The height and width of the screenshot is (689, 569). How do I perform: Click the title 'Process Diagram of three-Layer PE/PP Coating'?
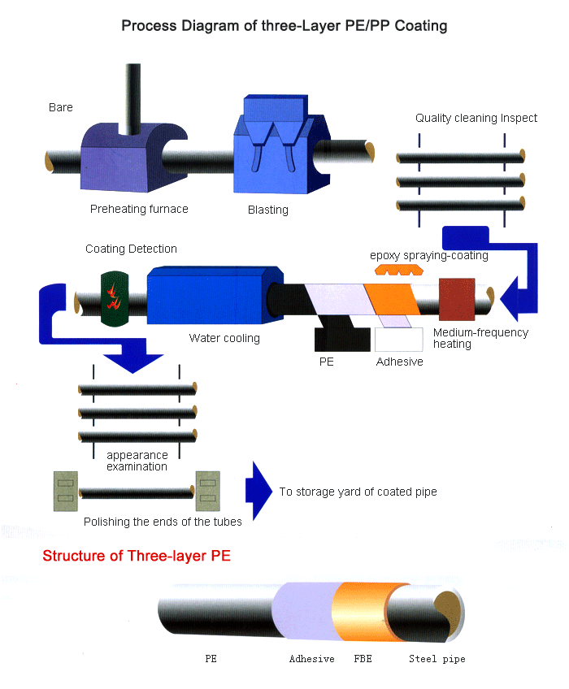click(284, 25)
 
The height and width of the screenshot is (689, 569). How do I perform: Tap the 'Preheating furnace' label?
click(139, 209)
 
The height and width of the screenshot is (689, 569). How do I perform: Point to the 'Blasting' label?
click(268, 210)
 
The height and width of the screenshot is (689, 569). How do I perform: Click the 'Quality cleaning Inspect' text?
click(476, 118)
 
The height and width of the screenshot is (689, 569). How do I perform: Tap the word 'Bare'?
click(61, 107)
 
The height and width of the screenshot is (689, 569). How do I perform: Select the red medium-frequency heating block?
click(456, 299)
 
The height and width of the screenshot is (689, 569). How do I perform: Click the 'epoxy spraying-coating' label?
click(429, 255)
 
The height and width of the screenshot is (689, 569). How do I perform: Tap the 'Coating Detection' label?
click(131, 249)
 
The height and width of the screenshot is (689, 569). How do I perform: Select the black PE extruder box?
click(342, 338)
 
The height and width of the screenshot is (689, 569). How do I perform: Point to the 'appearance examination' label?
click(137, 461)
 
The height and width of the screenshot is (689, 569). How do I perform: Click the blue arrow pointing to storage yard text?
click(258, 491)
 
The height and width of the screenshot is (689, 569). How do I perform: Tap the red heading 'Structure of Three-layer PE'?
click(137, 557)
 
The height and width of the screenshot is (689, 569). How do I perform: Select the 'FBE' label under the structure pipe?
click(363, 659)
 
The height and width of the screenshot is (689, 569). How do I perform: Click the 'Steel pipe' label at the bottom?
click(437, 659)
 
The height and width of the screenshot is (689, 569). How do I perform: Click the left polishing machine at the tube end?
click(65, 491)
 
